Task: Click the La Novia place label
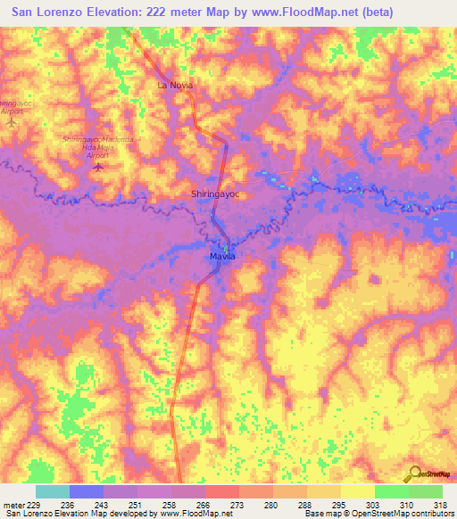pos(175,85)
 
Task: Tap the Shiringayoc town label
pos(218,193)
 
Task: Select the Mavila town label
pos(222,256)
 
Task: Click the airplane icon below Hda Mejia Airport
pos(98,166)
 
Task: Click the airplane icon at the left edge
pos(11,122)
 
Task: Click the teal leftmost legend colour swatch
pos(53,491)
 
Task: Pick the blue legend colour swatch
pos(87,491)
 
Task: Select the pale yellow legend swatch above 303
pos(357,491)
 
